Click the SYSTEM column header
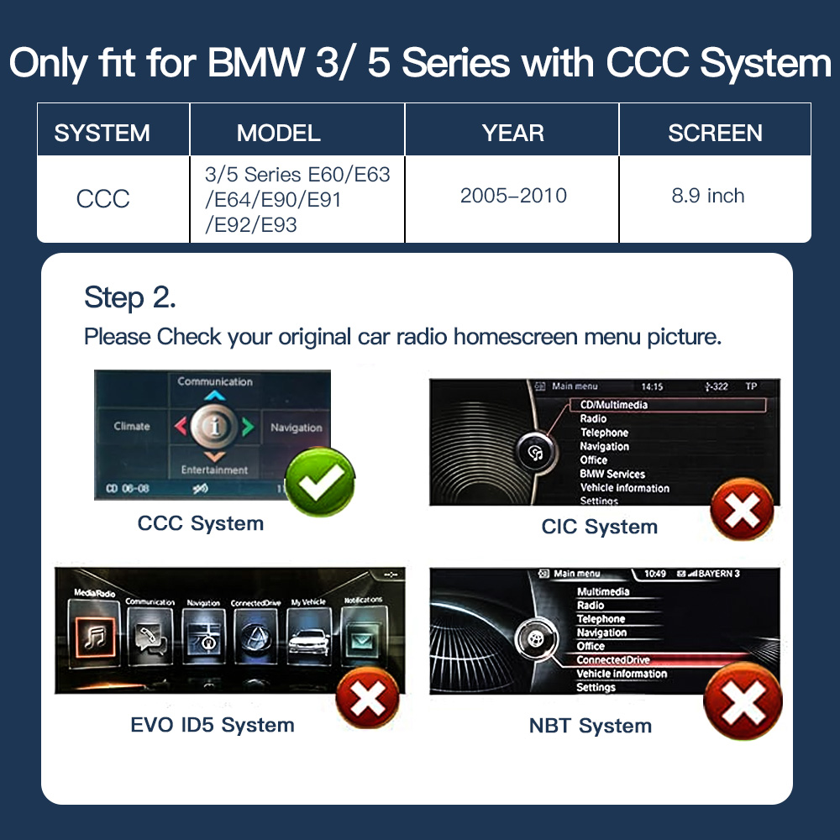[x=102, y=133]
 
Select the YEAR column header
[x=512, y=133]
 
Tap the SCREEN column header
[x=715, y=133]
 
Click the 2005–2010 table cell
[x=512, y=196]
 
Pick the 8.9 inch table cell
[x=707, y=196]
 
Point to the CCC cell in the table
[x=102, y=199]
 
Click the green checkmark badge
[x=319, y=481]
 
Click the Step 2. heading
[x=129, y=297]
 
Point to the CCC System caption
[x=200, y=523]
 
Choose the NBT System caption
[x=590, y=726]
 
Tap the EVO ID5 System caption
[x=212, y=724]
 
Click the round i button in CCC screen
[x=215, y=427]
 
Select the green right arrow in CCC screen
[x=247, y=427]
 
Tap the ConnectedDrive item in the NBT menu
[x=613, y=660]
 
